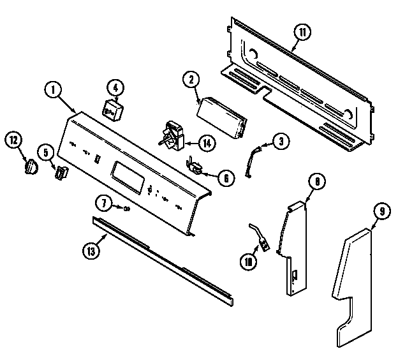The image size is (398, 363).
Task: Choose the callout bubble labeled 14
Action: tap(206, 143)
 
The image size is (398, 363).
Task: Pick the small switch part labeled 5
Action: tap(61, 172)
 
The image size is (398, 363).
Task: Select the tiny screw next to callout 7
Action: tap(127, 208)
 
